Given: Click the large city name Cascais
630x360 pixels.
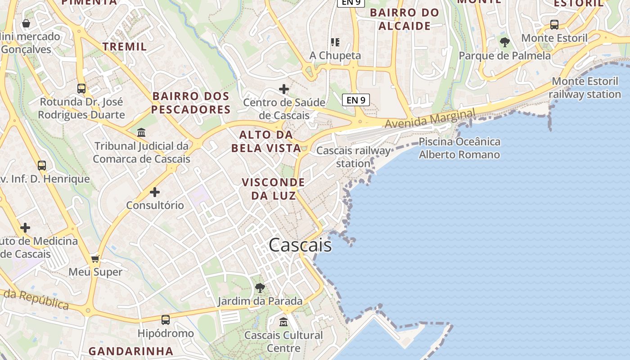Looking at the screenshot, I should click(300, 245).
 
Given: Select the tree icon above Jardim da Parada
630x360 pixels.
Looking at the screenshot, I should click(260, 288).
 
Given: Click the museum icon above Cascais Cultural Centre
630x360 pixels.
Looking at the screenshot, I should click(283, 322).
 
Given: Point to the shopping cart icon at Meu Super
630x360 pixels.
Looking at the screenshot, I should click(95, 259).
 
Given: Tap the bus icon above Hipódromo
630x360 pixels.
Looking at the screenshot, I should click(166, 320).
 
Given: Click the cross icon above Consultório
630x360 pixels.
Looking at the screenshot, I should click(155, 192).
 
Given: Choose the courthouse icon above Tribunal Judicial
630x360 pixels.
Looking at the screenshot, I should click(141, 132).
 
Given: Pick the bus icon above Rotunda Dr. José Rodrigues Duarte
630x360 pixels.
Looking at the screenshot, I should click(81, 88).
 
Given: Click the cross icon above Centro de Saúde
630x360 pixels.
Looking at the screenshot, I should click(284, 89).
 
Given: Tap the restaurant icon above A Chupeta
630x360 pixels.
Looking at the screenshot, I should click(335, 42).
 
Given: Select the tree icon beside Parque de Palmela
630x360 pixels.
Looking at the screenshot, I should click(505, 42).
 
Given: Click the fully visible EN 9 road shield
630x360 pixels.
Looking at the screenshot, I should click(356, 100).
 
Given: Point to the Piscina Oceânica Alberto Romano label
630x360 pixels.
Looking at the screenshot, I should click(459, 148).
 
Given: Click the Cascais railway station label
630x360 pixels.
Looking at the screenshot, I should click(354, 157).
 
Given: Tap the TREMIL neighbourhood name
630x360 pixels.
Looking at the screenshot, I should click(125, 46).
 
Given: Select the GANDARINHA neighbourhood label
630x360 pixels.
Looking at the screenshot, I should click(130, 351).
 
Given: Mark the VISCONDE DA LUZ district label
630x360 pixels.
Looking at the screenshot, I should click(273, 189).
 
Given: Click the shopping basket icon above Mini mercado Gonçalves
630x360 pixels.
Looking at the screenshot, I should click(26, 23).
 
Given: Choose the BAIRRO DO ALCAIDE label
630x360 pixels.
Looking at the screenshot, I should click(405, 19).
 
